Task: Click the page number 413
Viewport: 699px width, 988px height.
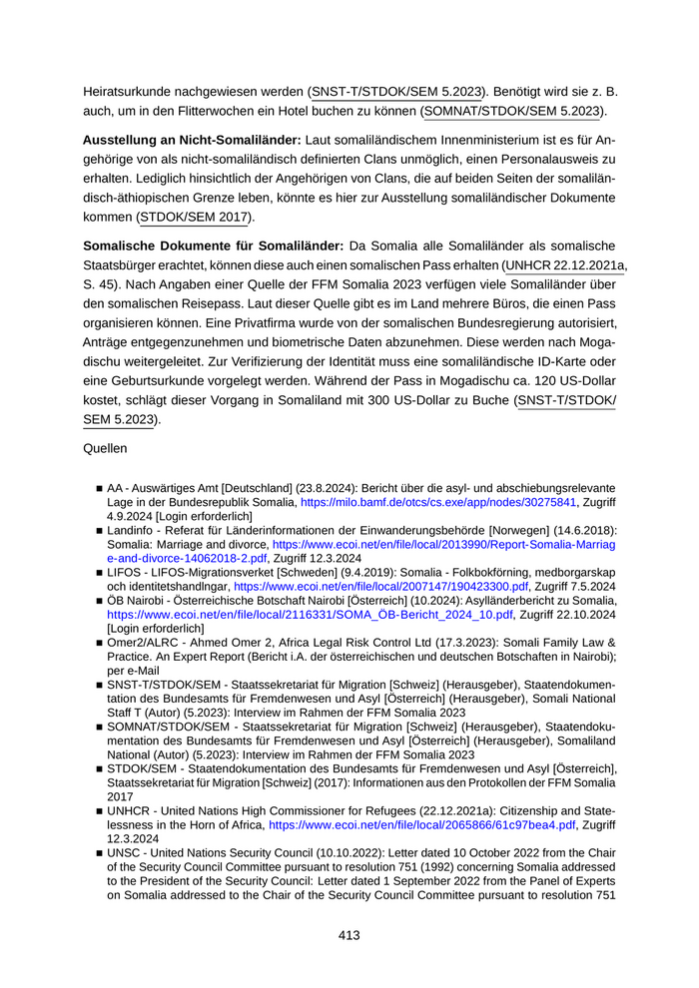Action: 349,935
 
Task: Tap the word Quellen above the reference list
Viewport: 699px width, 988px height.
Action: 107,449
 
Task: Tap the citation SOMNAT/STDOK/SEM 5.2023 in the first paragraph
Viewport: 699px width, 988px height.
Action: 514,111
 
